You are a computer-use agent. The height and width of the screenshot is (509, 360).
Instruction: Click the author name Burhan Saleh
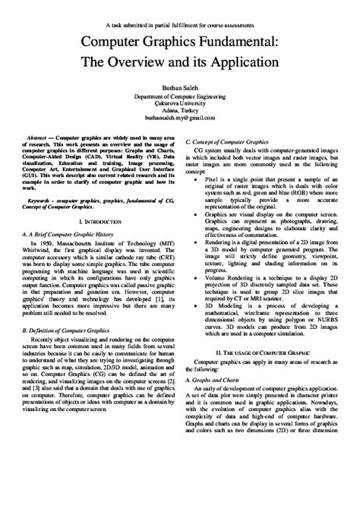(x=180, y=88)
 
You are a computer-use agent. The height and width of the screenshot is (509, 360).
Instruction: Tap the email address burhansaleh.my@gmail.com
(x=180, y=119)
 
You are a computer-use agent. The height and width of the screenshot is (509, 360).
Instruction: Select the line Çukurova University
(x=180, y=104)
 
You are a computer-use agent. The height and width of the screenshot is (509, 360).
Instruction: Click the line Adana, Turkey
(x=180, y=112)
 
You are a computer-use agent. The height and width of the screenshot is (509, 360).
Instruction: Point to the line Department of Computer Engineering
(x=180, y=96)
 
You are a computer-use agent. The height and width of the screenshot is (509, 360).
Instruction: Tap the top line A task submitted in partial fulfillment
(x=180, y=7)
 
